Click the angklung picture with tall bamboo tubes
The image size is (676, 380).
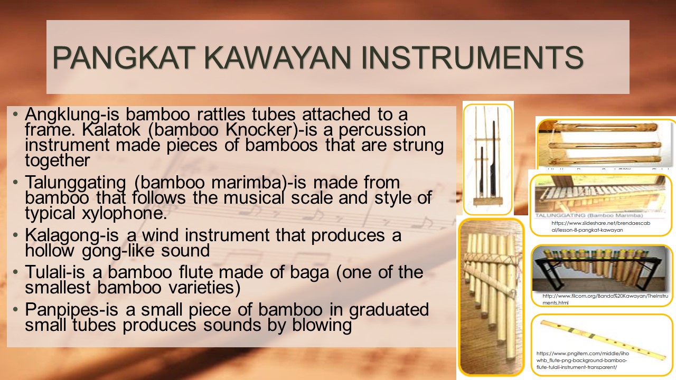[x=487, y=158]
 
